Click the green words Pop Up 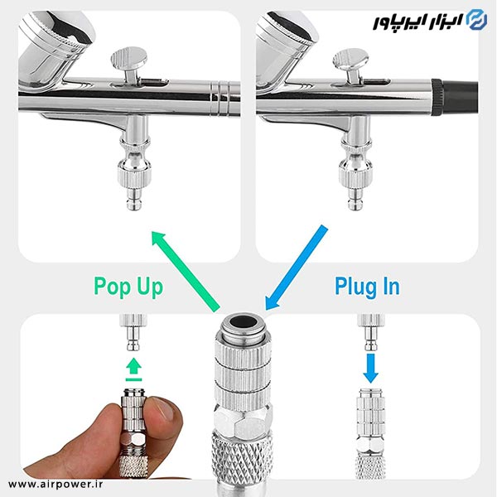(128, 287)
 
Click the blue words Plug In (367, 287)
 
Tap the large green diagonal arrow (186, 271)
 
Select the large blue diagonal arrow (296, 268)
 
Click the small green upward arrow (133, 369)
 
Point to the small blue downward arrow (370, 369)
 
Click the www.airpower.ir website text (55, 484)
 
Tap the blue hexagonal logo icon (477, 20)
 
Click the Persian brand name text (417, 22)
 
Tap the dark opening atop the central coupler (244, 322)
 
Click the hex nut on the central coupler (243, 421)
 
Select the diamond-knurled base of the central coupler (243, 457)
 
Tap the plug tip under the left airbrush (134, 199)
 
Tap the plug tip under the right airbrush (355, 199)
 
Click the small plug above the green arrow (133, 332)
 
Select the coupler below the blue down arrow (370, 433)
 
